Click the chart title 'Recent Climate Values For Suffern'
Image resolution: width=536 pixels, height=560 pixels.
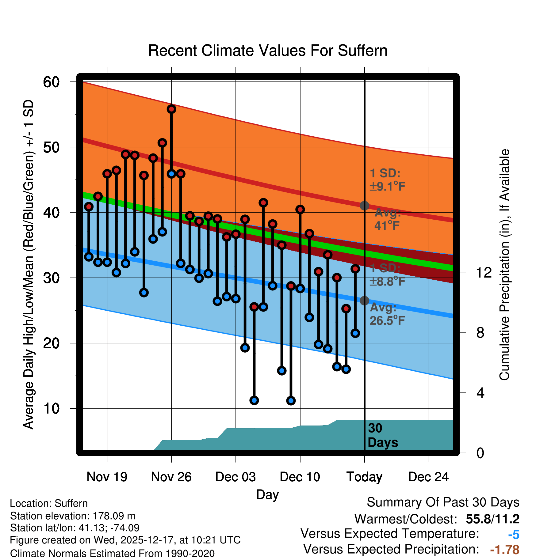267,51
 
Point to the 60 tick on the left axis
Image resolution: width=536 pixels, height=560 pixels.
51,82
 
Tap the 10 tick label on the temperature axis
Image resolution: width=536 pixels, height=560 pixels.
51,408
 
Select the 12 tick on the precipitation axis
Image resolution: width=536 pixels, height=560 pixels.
484,272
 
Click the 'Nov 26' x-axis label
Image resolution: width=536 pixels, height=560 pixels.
171,477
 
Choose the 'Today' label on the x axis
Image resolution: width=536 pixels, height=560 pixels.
364,477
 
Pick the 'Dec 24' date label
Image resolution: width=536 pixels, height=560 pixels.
428,477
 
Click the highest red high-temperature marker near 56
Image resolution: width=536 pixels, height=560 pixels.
171,109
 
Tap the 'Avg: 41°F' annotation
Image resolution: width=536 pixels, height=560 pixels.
387,219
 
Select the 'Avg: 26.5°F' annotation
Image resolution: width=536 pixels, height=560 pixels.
387,314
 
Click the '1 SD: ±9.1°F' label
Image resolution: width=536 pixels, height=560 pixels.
387,180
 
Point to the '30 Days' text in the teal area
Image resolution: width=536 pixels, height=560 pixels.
382,435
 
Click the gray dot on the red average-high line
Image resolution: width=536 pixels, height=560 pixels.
364,206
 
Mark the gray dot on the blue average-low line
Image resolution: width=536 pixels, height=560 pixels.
364,301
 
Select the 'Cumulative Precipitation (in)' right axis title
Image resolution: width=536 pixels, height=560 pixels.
504,265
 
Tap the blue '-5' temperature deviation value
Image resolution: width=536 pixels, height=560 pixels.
514,535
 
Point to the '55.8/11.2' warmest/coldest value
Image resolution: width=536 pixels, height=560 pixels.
492,519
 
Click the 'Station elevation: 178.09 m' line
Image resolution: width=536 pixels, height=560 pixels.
73,516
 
